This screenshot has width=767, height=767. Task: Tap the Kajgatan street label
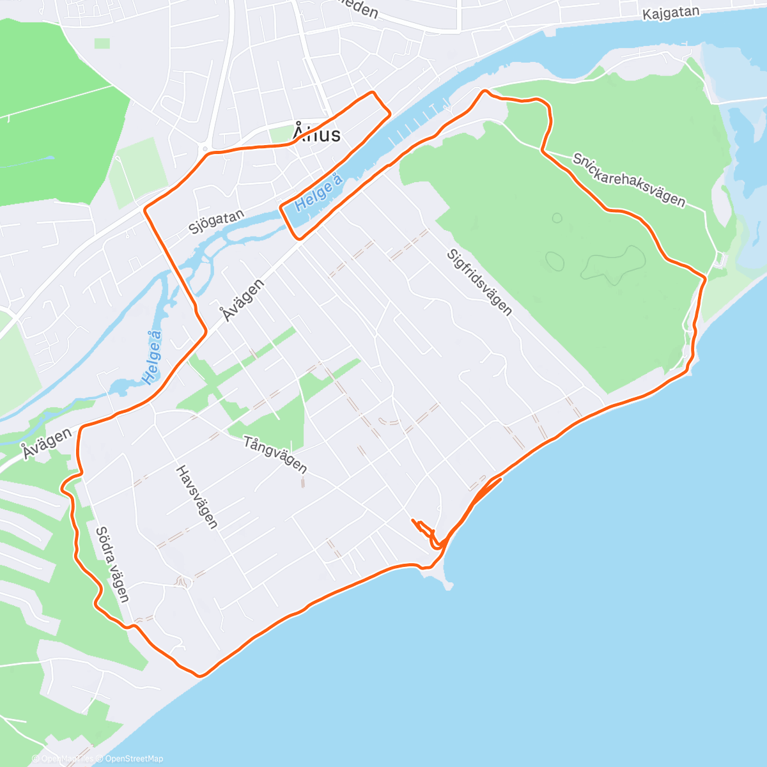(670, 13)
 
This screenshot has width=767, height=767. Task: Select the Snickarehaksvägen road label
(629, 180)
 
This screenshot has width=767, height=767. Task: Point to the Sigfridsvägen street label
(479, 282)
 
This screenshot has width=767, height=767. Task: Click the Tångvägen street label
(275, 454)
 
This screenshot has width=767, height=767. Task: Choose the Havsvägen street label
(197, 497)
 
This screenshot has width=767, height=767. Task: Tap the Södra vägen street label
(112, 564)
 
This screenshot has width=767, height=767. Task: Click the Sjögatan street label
(216, 222)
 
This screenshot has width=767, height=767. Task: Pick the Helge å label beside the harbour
(319, 190)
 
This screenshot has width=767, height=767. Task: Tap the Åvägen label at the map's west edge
(45, 442)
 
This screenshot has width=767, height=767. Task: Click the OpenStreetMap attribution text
(134, 759)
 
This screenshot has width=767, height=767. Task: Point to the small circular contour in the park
(557, 218)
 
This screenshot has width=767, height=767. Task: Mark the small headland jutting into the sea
(446, 579)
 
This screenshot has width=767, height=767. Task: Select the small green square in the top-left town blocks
(102, 43)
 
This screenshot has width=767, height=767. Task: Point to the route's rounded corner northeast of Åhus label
(373, 93)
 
